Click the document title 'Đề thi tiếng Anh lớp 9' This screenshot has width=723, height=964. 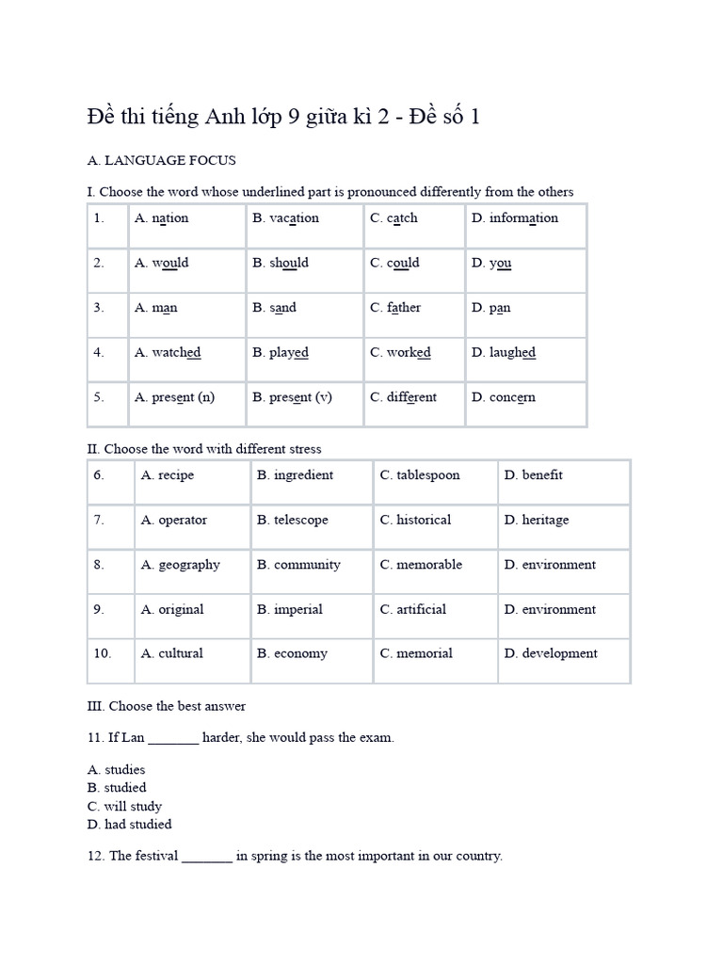click(283, 117)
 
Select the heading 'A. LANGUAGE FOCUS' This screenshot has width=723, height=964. click(161, 160)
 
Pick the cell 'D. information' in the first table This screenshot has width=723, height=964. click(514, 218)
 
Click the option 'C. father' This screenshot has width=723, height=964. click(395, 308)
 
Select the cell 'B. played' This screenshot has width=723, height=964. click(280, 353)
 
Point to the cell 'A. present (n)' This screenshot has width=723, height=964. click(174, 397)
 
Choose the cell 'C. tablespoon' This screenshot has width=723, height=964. click(420, 475)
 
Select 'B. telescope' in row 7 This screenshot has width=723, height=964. click(292, 520)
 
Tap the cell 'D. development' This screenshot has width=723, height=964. click(550, 653)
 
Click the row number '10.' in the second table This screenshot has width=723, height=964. click(102, 653)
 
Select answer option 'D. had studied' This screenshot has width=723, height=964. click(130, 825)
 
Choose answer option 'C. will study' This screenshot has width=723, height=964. click(124, 807)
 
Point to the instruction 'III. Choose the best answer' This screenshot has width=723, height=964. click(166, 706)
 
